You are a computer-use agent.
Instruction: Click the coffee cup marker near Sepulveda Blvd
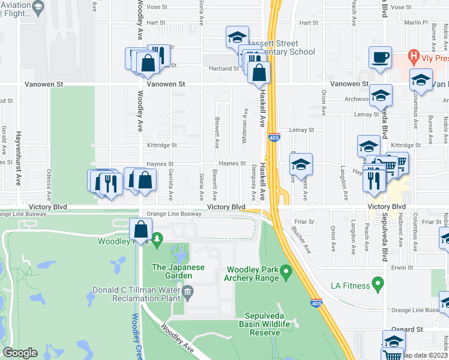coord(380,58)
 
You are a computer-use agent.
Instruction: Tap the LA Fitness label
coord(349,286)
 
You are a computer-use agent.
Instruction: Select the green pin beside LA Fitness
coord(378,282)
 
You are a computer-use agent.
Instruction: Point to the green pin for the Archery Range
coord(286,273)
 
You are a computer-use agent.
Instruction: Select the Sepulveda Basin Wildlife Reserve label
coord(268,324)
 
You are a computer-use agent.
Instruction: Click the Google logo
coord(20,353)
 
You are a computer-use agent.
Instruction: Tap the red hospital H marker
coord(412,57)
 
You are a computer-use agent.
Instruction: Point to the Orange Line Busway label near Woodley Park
coord(174,214)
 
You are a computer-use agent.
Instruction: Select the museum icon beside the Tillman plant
coord(187,292)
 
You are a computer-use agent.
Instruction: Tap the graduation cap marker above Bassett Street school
coord(237,37)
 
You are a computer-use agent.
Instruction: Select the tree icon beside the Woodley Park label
coord(157,239)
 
